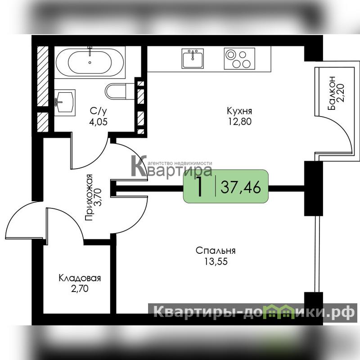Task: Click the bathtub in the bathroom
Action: tap(90, 62)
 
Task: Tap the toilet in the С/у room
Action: tap(120, 91)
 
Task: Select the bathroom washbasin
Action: tap(65, 103)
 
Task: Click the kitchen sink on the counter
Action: tap(193, 58)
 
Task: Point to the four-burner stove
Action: tap(239, 58)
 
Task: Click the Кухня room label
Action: tap(239, 111)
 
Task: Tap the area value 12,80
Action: tap(240, 121)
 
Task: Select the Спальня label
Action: tap(216, 251)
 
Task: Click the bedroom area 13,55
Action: tap(216, 261)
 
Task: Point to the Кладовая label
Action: tap(80, 278)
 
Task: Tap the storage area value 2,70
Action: tap(80, 288)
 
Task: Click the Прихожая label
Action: tap(89, 198)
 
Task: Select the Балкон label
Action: tap(332, 93)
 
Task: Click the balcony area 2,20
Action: tap(341, 93)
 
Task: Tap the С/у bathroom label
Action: tap(98, 111)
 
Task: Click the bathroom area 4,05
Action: tap(98, 121)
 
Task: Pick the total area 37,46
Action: tap(241, 187)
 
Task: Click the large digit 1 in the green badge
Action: tap(199, 186)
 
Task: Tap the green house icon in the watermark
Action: tap(279, 312)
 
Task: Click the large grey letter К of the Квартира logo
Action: tap(139, 166)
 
